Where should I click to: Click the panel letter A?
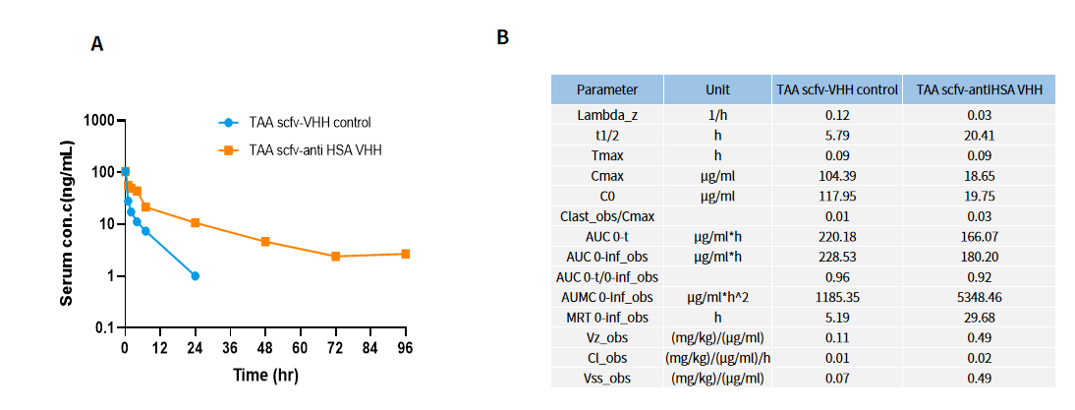coord(97,44)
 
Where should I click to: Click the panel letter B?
coord(502,37)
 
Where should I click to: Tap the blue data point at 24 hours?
coord(196,276)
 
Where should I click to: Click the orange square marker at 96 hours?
coord(405,254)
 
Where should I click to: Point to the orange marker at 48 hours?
coord(265,241)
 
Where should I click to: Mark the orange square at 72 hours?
coord(335,256)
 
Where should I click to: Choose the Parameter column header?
coord(606,89)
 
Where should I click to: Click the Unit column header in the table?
coord(717,89)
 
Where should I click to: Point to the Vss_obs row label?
coord(606,378)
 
